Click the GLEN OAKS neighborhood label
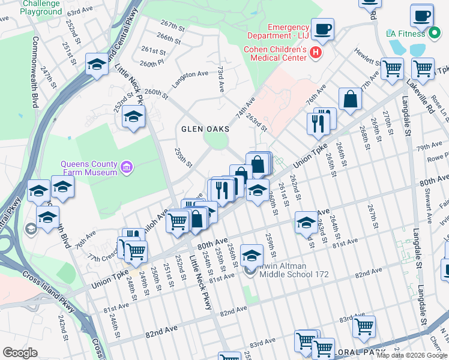204,128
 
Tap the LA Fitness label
406,34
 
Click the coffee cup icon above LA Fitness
422,15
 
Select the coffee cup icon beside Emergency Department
322,28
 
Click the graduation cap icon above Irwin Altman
252,255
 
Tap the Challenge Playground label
41,7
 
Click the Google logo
20,353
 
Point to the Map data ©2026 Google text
412,355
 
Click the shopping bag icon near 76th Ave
350,100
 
